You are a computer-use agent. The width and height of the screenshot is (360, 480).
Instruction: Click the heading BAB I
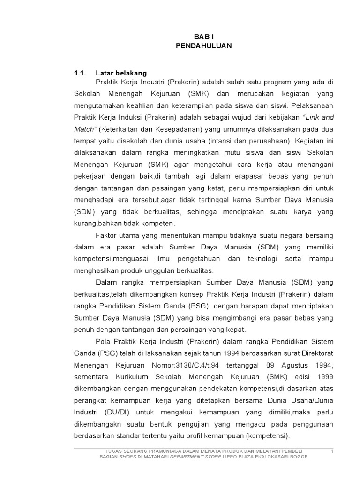point(203,36)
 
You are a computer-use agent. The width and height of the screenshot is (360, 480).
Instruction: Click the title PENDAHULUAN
point(203,45)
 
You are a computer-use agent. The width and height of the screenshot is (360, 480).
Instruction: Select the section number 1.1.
point(81,73)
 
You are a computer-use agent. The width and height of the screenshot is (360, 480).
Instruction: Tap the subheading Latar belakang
point(121,73)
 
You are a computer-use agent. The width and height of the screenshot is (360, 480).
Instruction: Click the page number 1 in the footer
point(332,451)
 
